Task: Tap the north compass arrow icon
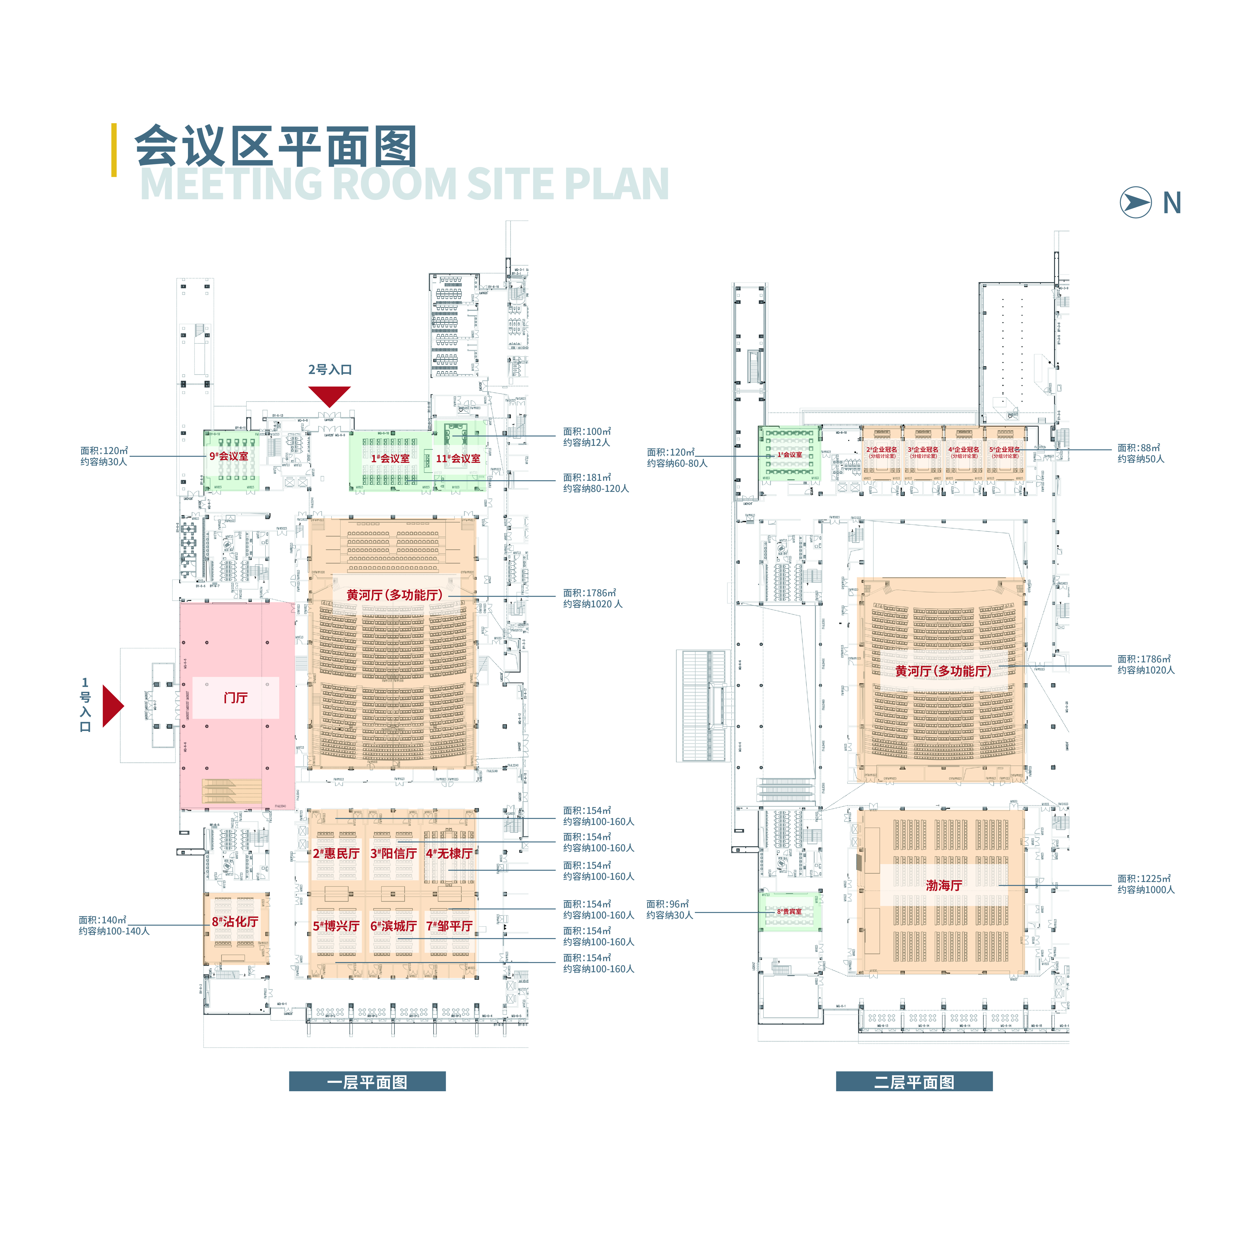pyautogui.click(x=1135, y=203)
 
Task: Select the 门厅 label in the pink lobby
pyautogui.click(x=236, y=698)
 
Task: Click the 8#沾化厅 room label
pyautogui.click(x=235, y=922)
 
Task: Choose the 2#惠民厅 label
pyautogui.click(x=336, y=853)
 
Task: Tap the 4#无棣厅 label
pyautogui.click(x=449, y=853)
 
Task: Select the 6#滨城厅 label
pyautogui.click(x=393, y=926)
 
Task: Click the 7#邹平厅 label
pyautogui.click(x=449, y=926)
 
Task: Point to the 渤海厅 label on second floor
pyautogui.click(x=943, y=885)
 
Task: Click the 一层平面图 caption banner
pyautogui.click(x=367, y=1082)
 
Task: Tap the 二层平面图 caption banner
pyautogui.click(x=914, y=1082)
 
